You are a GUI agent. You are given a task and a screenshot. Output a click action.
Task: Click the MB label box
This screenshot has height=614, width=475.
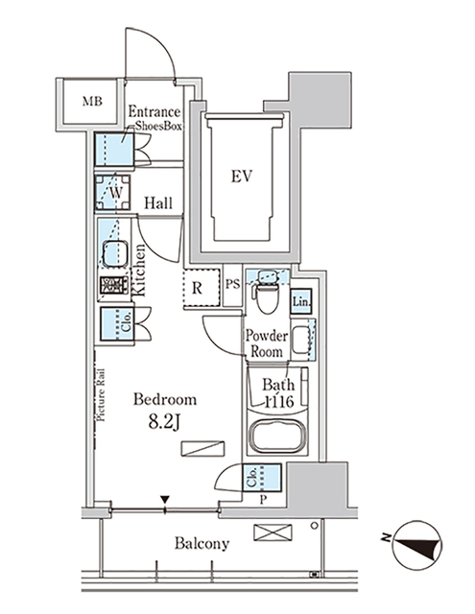click(91, 101)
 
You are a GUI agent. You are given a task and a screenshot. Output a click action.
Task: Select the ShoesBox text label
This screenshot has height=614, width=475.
click(157, 125)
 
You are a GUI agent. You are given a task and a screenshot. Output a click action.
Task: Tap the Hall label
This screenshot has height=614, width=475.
click(158, 202)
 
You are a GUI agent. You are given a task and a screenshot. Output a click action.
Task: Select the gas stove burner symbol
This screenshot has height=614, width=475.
click(113, 285)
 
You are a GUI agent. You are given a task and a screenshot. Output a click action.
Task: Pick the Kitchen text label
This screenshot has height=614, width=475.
click(140, 271)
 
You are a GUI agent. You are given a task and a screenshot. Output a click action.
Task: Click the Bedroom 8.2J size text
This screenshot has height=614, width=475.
click(164, 409)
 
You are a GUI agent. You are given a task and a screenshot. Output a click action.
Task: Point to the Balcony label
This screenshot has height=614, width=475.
click(202, 544)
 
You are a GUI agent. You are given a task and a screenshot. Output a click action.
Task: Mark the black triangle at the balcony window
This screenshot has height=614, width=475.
click(166, 499)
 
